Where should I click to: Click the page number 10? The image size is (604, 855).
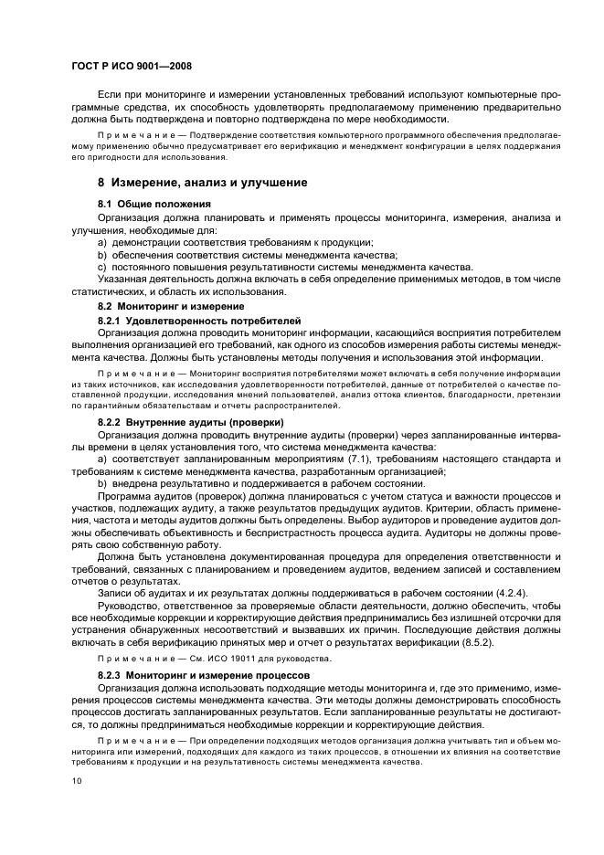pyautogui.click(x=77, y=781)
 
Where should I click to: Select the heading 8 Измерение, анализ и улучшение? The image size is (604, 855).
pyautogui.click(x=202, y=183)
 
